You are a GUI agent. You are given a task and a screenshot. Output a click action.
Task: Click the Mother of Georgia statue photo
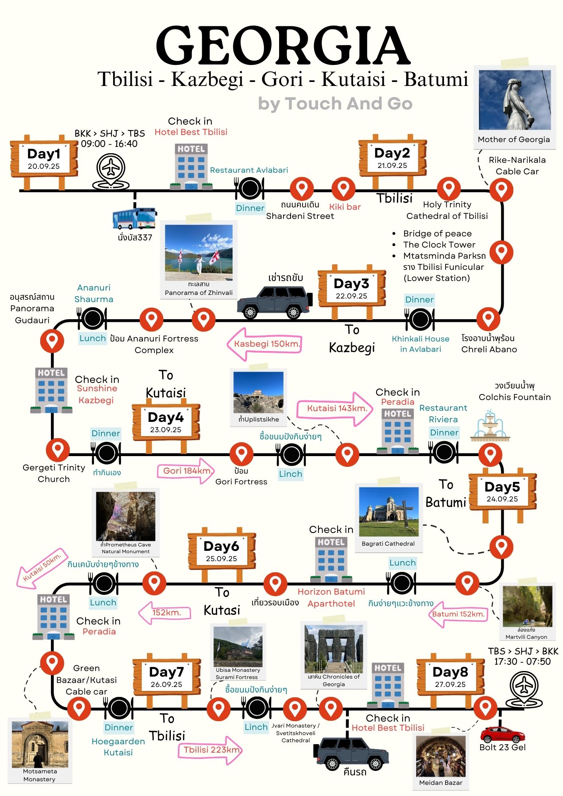coord(514,100)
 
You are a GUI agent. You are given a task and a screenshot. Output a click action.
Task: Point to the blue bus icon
coord(135,218)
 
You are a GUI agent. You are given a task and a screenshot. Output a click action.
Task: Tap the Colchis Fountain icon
coord(490,427)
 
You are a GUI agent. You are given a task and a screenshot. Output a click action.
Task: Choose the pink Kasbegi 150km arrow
coord(264,344)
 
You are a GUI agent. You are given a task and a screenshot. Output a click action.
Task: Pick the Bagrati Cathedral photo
coord(388,512)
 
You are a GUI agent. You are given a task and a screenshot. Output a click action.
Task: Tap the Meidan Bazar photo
coord(441,756)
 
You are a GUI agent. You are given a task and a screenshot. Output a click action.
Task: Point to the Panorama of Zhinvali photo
coord(199,253)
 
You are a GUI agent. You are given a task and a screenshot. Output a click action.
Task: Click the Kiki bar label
coord(345,207)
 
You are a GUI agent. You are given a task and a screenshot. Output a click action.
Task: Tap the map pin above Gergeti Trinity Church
coord(58,450)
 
